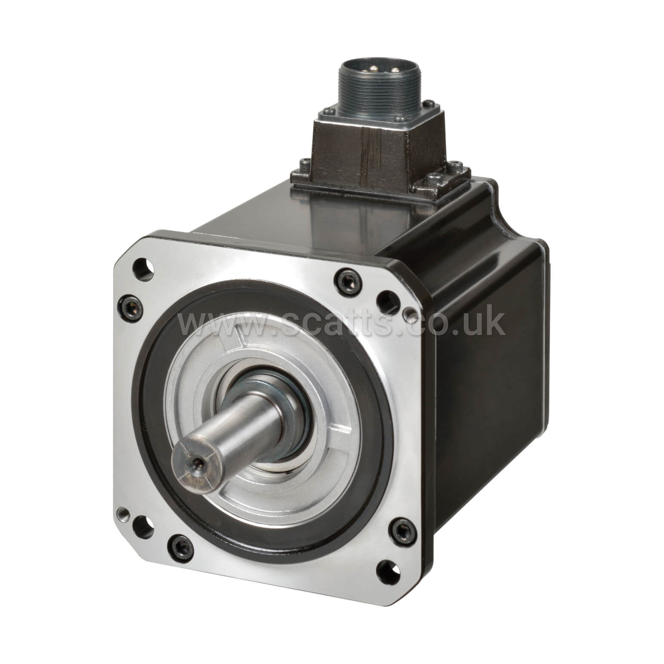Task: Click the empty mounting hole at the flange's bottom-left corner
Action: [x=143, y=527]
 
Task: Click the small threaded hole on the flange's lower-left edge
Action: [x=122, y=512]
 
